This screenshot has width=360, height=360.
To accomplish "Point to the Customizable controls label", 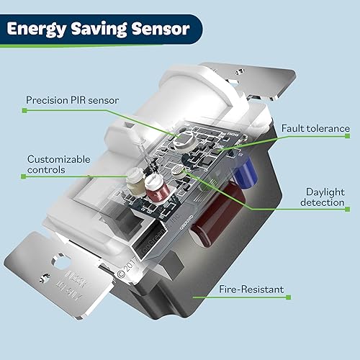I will pyautogui.click(x=60, y=164).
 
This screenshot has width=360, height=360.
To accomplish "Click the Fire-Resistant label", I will pyautogui.click(x=249, y=291).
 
